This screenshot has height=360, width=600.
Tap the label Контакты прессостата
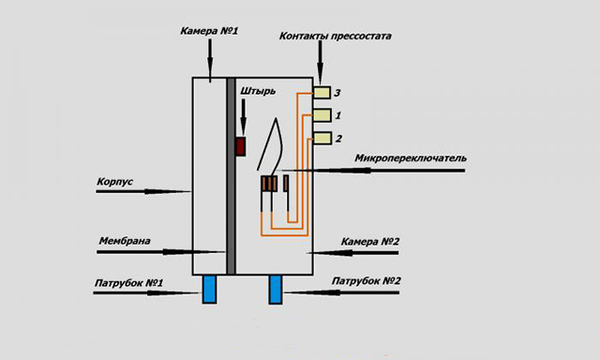(335, 37)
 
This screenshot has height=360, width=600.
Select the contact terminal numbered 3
(322, 92)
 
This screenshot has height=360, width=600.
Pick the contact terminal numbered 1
(322, 115)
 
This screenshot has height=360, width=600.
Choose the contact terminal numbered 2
(322, 139)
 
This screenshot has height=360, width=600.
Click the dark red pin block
(240, 146)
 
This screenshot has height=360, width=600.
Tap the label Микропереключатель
(410, 158)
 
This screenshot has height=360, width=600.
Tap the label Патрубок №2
(367, 281)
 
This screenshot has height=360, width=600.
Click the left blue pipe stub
(209, 289)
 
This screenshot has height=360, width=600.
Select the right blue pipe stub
(276, 289)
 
